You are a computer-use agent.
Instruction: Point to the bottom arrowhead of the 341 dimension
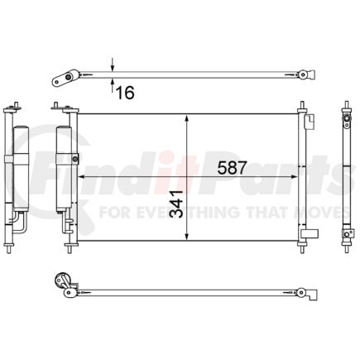coord(190,237)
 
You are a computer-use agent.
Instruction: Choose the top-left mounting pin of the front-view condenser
coord(55,107)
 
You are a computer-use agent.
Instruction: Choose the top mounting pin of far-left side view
coord(14,107)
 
